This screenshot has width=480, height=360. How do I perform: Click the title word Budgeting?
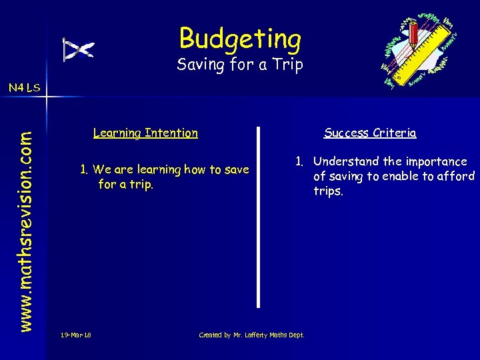point(240,39)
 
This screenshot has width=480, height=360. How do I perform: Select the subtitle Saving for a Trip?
point(240,65)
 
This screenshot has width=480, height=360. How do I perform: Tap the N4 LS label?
point(24,87)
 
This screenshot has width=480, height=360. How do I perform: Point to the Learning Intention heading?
point(145,133)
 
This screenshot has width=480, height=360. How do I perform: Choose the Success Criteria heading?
point(370,133)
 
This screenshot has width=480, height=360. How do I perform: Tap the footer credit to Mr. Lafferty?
point(251,335)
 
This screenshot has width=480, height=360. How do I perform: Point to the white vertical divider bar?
point(259,217)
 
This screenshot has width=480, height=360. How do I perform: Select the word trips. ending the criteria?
point(329,191)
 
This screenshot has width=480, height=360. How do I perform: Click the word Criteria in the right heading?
point(395,133)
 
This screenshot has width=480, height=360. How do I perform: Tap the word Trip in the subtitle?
point(290,65)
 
